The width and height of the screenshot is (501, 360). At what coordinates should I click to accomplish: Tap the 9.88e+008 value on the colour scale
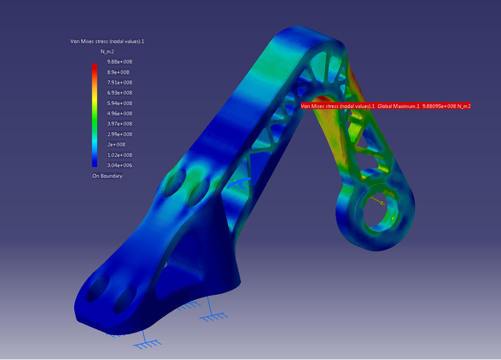[119, 62]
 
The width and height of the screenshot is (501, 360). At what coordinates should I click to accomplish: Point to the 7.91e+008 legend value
[119, 83]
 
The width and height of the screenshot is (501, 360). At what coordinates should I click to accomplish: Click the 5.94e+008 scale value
[119, 103]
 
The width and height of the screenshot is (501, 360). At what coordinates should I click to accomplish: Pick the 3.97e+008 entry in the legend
[119, 124]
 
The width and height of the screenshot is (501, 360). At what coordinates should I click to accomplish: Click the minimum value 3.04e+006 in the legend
[119, 165]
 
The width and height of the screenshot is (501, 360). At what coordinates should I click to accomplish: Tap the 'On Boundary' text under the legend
[107, 176]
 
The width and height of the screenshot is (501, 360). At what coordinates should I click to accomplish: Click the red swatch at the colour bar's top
[95, 66]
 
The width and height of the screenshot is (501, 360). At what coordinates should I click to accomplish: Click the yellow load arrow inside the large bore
[376, 200]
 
